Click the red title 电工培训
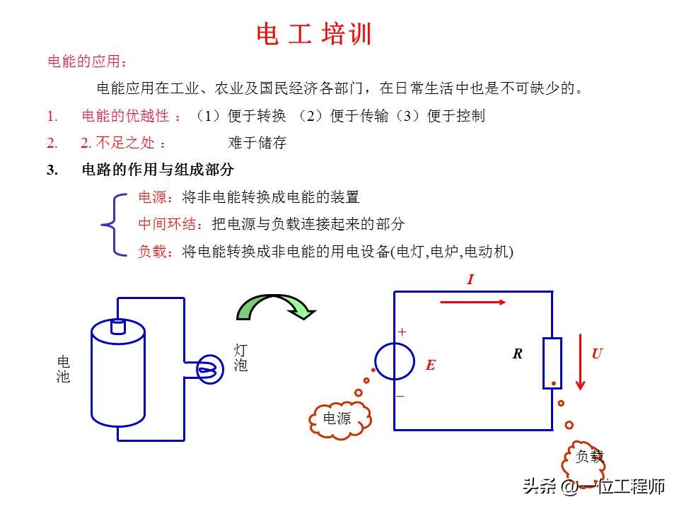point(314,34)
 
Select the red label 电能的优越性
point(125,115)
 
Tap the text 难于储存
point(257,142)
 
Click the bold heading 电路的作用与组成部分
point(158,169)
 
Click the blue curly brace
point(113,225)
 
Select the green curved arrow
point(276,307)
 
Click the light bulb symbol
point(210,369)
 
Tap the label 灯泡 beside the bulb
point(240,358)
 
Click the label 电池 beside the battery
point(63,369)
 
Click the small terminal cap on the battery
point(118,327)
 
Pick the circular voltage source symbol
point(395,361)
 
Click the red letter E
point(430,365)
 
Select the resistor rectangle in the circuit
point(552,363)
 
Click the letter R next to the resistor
point(518,354)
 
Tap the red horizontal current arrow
point(473,302)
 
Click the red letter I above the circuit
point(471,279)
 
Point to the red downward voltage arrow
point(580,362)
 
